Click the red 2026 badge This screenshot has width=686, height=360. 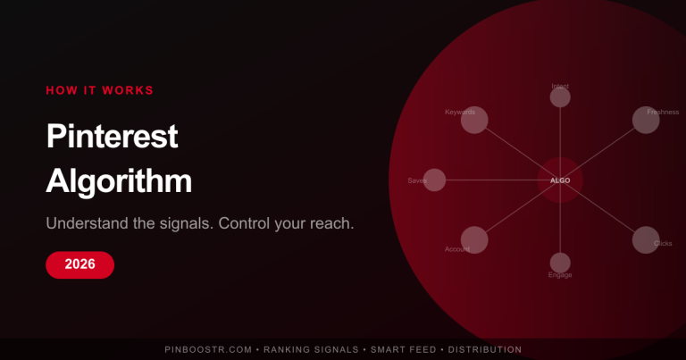click(x=79, y=264)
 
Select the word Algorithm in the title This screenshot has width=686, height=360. click(x=119, y=180)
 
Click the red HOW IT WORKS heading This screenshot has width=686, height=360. click(x=99, y=90)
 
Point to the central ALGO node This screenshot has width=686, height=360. click(x=560, y=180)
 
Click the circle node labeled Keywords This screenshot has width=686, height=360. click(x=474, y=120)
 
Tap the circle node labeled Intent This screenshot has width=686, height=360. click(x=560, y=97)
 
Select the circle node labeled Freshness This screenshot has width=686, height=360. click(x=646, y=120)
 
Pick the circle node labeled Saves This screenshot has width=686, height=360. click(x=434, y=180)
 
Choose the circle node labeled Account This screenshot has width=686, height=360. click(x=474, y=239)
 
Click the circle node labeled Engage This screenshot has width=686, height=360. click(x=560, y=263)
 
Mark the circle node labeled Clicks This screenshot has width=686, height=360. click(x=646, y=239)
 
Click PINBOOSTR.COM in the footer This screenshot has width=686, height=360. click(x=207, y=349)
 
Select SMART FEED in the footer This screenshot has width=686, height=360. click(x=406, y=349)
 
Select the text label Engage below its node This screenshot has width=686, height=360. click(x=560, y=275)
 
